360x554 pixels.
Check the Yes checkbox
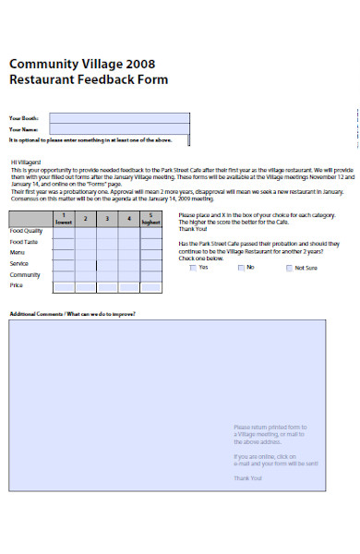pyautogui.click(x=192, y=268)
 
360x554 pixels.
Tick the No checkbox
pyautogui.click(x=241, y=268)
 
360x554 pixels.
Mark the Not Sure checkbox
pyautogui.click(x=289, y=268)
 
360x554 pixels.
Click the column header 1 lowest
pyautogui.click(x=64, y=220)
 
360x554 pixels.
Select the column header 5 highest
pyautogui.click(x=150, y=220)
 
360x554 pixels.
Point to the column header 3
pyautogui.click(x=107, y=219)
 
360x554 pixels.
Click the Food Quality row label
pyautogui.click(x=26, y=231)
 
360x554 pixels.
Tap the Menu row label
pyautogui.click(x=18, y=252)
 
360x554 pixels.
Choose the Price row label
pyautogui.click(x=16, y=285)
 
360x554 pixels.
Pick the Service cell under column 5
pyautogui.click(x=150, y=263)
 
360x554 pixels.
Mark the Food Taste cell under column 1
pyautogui.click(x=64, y=241)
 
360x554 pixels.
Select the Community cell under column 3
pyautogui.click(x=107, y=274)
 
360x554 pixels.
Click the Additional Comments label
pyautogui.click(x=72, y=314)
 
